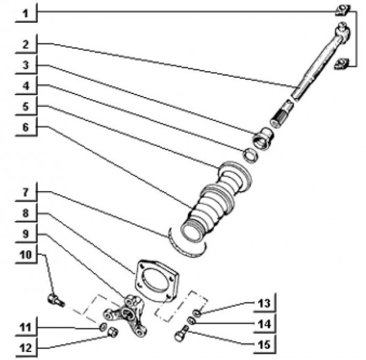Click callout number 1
(25, 12)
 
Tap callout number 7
(25, 192)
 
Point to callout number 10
(25, 256)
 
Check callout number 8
(25, 214)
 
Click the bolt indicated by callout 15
(182, 335)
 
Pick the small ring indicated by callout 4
(249, 155)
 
